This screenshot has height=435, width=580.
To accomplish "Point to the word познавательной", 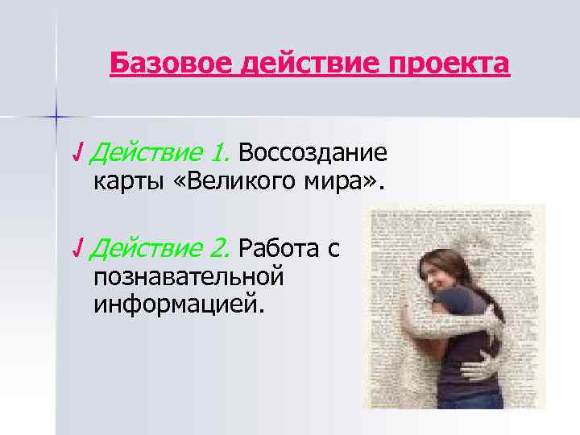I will (x=189, y=276).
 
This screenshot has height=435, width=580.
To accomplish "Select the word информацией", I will (x=178, y=305).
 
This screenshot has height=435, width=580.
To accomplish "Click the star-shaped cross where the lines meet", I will (x=56, y=118).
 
